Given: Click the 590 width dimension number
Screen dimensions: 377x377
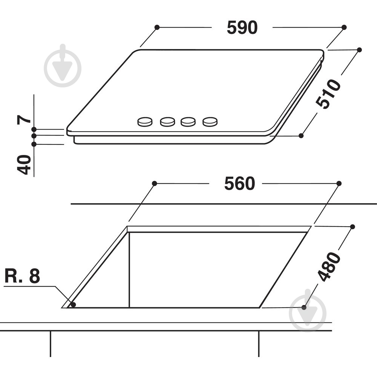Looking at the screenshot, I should click(242, 28).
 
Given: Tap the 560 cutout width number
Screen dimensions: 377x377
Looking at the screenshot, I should click(239, 184).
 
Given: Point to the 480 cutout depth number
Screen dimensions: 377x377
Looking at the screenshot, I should click(329, 267).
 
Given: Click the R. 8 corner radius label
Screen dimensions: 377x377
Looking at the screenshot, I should click(22, 276).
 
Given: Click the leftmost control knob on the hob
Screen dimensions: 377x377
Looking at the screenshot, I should click(145, 121).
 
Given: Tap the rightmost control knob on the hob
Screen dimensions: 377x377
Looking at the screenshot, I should click(210, 121).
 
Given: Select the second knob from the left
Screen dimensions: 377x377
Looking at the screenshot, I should click(167, 121).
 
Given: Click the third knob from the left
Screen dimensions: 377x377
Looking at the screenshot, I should click(188, 121).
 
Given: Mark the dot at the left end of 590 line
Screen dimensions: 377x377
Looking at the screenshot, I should click(157, 27).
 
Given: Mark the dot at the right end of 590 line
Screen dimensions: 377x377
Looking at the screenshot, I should click(344, 27).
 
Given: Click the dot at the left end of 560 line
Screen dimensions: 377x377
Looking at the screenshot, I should click(154, 183).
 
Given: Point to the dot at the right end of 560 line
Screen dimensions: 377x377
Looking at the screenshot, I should click(339, 183).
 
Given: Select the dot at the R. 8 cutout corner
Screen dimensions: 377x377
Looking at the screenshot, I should click(74, 305).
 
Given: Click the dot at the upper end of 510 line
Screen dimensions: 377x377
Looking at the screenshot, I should click(359, 50).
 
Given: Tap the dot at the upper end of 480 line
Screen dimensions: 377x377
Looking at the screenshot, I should click(352, 227).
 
